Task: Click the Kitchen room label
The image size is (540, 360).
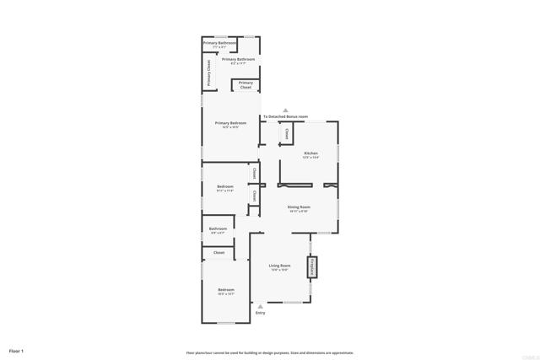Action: click(x=311, y=153)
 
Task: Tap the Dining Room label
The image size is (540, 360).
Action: click(x=300, y=207)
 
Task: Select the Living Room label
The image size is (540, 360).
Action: click(x=279, y=266)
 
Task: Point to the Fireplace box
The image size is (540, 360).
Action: click(x=311, y=267)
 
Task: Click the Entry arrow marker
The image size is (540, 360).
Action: click(x=260, y=307)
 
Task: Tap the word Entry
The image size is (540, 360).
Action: click(x=260, y=314)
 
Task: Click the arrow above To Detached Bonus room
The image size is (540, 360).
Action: click(x=285, y=110)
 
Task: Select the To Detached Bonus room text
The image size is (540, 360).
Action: click(x=285, y=116)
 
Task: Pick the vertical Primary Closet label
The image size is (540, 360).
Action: click(x=209, y=73)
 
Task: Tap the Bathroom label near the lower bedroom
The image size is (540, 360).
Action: click(x=219, y=228)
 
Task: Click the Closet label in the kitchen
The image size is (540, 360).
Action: click(x=287, y=134)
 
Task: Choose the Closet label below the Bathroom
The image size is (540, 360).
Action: click(x=219, y=252)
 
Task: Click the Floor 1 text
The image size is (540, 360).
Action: click(x=16, y=350)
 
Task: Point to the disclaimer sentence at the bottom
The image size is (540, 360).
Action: click(x=270, y=352)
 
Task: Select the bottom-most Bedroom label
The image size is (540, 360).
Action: click(x=225, y=289)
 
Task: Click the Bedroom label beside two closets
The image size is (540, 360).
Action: click(x=224, y=185)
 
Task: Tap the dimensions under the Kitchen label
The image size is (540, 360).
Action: click(x=311, y=158)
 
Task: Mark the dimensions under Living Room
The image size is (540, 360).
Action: click(x=279, y=271)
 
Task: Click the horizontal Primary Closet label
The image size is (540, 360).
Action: click(x=246, y=85)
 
